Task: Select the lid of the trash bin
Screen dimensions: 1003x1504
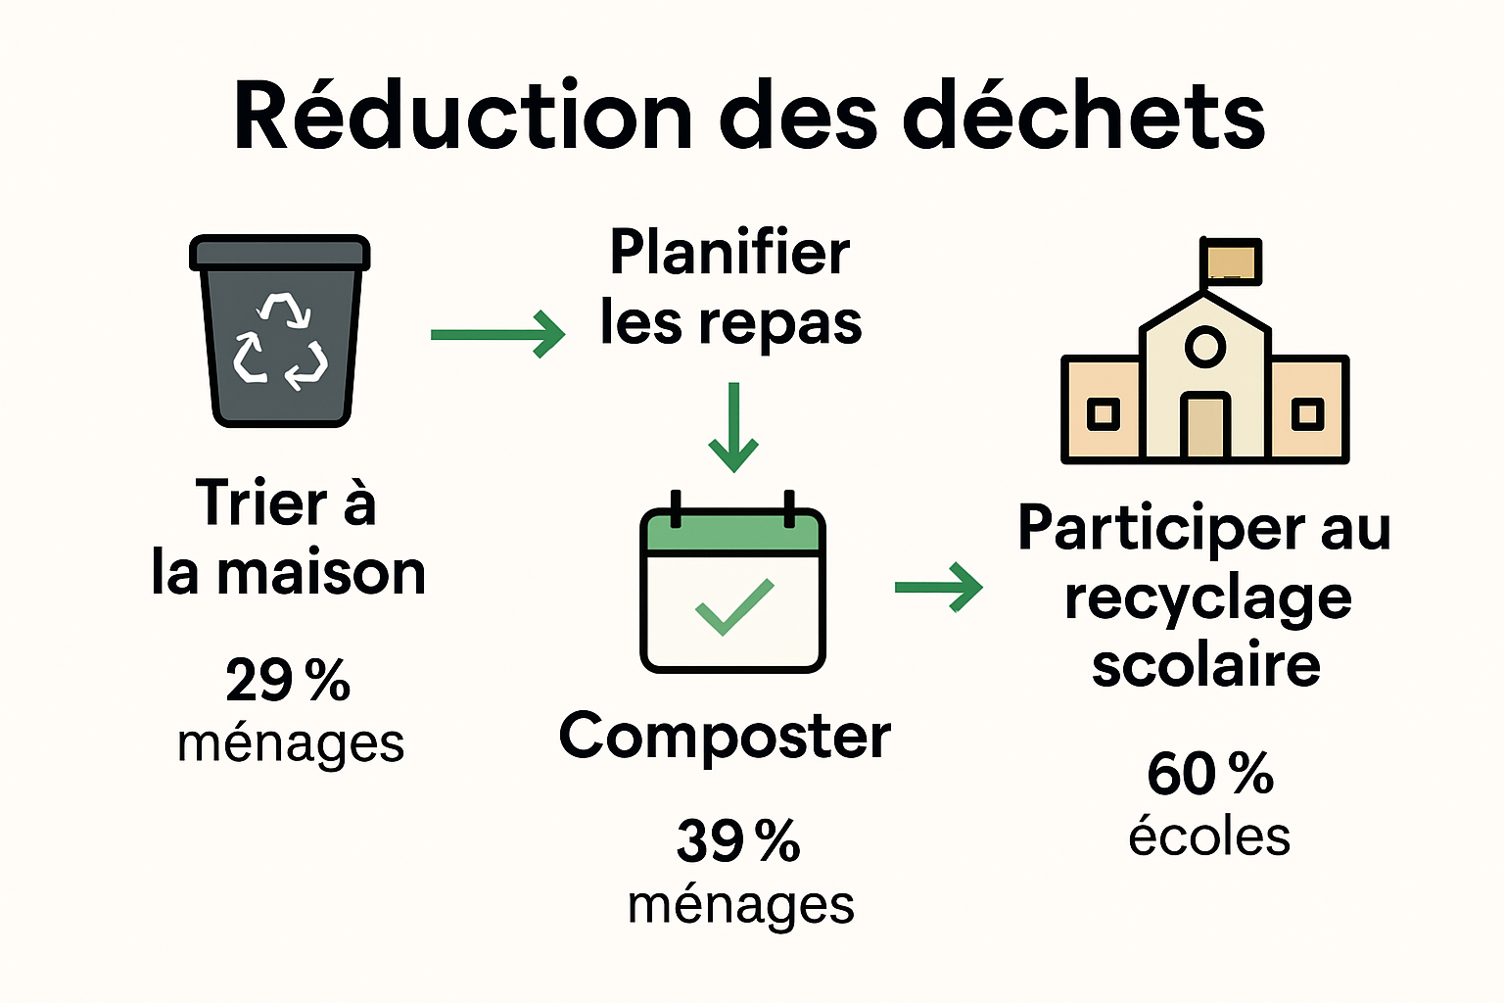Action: [280, 252]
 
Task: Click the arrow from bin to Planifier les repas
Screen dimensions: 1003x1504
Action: [497, 334]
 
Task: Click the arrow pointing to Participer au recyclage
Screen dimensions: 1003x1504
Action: [938, 587]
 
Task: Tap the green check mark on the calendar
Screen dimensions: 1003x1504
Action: [733, 606]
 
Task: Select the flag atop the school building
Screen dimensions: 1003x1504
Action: [1231, 262]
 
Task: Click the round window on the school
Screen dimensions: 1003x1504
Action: [1204, 347]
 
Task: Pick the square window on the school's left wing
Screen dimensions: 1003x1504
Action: [1104, 413]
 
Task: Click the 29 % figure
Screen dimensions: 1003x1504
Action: [288, 680]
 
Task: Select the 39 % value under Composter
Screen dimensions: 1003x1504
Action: [738, 840]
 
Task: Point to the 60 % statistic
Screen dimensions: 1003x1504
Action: [1210, 774]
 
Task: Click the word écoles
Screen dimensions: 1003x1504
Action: [1209, 837]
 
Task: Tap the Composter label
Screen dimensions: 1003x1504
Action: [725, 737]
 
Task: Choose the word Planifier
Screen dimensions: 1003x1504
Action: [729, 253]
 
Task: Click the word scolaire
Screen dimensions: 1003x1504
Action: [1206, 666]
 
